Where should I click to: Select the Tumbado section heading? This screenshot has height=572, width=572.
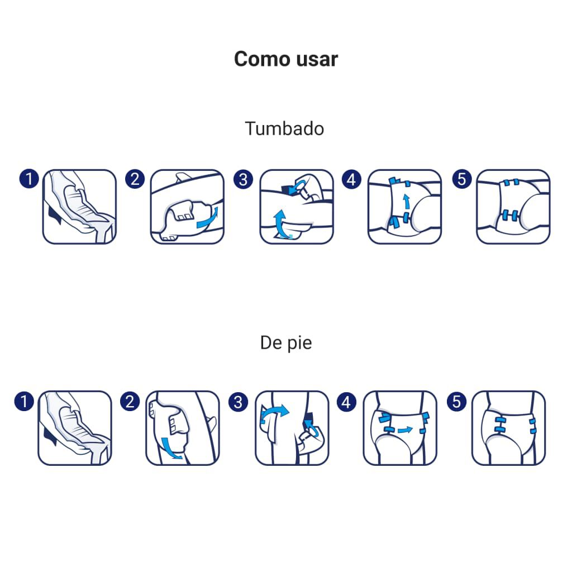click(x=284, y=128)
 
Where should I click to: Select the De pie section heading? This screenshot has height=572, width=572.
click(x=286, y=342)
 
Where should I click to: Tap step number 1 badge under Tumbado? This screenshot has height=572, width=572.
click(x=28, y=179)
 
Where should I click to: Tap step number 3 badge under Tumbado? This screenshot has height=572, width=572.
click(x=243, y=179)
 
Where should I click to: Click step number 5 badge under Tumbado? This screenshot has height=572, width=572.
click(x=462, y=179)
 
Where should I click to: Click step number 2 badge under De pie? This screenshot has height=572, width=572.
click(x=130, y=401)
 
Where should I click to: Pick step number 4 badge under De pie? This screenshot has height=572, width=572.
click(x=347, y=401)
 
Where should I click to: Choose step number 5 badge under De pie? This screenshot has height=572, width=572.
click(x=457, y=401)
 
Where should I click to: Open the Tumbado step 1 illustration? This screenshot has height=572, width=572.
click(x=79, y=207)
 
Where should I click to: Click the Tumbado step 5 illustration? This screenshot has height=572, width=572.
click(x=513, y=207)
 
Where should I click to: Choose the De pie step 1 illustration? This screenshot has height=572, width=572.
click(x=75, y=428)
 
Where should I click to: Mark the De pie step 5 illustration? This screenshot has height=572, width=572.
click(x=508, y=428)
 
